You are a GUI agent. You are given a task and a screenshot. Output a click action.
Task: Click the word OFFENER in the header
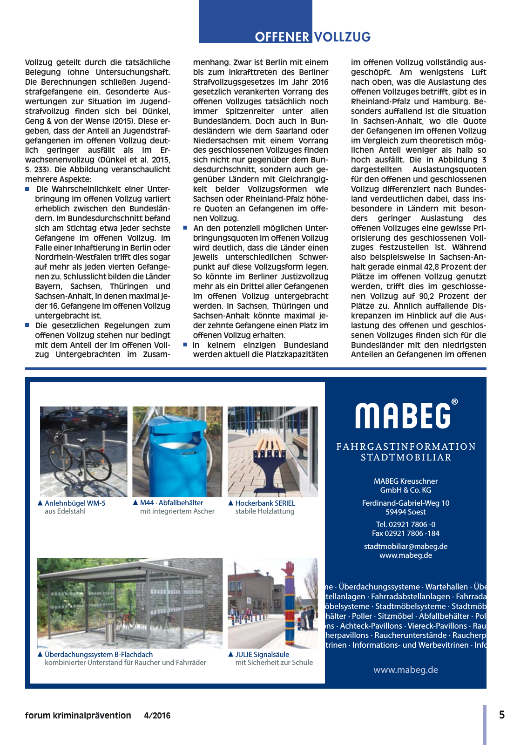[x=282, y=37]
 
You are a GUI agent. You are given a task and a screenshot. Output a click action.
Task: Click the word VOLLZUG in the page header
[x=343, y=37]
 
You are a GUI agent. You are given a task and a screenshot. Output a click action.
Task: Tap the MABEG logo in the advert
[x=403, y=415]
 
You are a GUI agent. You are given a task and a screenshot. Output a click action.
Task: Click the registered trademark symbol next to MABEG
[x=455, y=402]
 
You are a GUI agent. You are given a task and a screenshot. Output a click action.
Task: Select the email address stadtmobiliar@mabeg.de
[x=405, y=546]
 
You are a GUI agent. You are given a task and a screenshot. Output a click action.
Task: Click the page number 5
[x=502, y=715]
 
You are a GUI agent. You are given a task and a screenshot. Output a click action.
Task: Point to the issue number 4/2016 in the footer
[x=157, y=716]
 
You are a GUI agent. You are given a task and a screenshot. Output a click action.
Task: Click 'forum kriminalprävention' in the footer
[x=78, y=716]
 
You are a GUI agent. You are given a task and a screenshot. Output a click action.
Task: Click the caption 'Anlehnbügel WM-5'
[x=75, y=503]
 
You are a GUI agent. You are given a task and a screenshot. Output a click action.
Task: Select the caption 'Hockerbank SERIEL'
[x=265, y=503]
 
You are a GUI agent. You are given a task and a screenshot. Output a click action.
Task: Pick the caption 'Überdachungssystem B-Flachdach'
[x=99, y=654]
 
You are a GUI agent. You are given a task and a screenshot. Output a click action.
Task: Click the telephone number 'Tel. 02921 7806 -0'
[x=405, y=524]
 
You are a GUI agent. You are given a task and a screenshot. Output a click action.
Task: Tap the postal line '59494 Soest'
[x=405, y=512]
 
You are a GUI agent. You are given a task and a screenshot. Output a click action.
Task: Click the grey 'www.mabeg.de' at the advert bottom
[x=405, y=670]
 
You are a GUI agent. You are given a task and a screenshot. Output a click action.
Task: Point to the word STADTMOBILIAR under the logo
[x=406, y=457]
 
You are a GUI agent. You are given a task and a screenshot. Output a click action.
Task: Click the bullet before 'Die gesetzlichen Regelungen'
[x=27, y=325]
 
